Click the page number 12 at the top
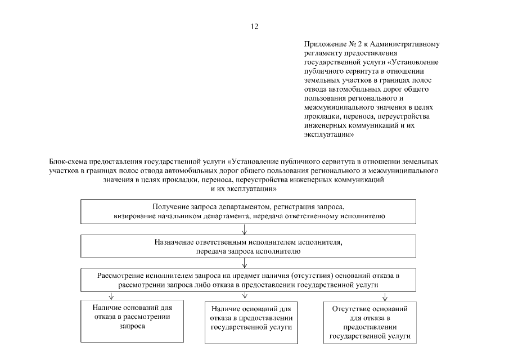[x=254, y=26]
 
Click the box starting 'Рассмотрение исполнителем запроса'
[x=248, y=280]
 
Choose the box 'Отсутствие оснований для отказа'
[x=370, y=322]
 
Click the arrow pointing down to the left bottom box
[x=111, y=296]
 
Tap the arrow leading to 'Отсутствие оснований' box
[x=384, y=296]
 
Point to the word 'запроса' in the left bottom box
[x=132, y=326]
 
